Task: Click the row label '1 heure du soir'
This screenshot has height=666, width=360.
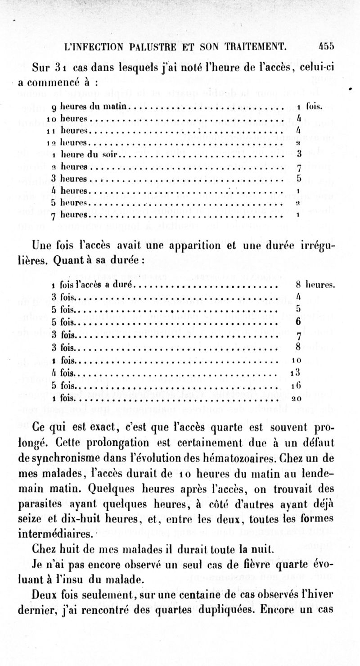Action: coord(85,154)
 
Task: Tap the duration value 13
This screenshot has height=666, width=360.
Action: coord(296,373)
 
